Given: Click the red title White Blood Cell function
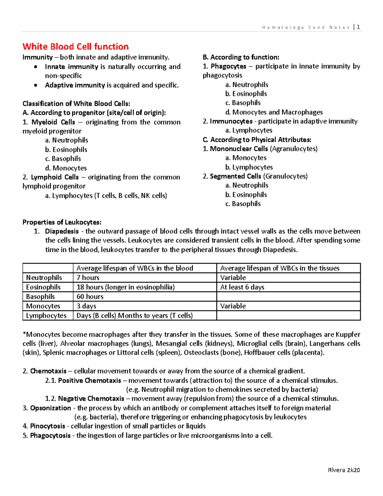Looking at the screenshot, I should point(76,47).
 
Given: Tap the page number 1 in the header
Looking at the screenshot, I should point(358,27).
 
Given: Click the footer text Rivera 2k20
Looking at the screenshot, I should point(344,470).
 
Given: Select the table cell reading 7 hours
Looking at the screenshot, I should point(88,278).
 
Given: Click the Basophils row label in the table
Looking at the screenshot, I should point(41,296).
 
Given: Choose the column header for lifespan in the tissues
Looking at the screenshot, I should point(280,268).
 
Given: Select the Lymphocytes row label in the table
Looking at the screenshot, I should point(46,316).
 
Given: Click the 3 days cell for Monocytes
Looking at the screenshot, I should point(86,306).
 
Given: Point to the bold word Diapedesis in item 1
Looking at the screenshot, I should point(62,231).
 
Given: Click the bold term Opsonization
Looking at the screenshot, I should point(50,408).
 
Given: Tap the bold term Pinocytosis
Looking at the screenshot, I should point(48,426).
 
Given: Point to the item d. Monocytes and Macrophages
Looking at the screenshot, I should point(274,112).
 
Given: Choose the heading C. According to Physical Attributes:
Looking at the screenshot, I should point(257,140).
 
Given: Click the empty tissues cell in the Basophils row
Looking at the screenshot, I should point(288,296).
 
